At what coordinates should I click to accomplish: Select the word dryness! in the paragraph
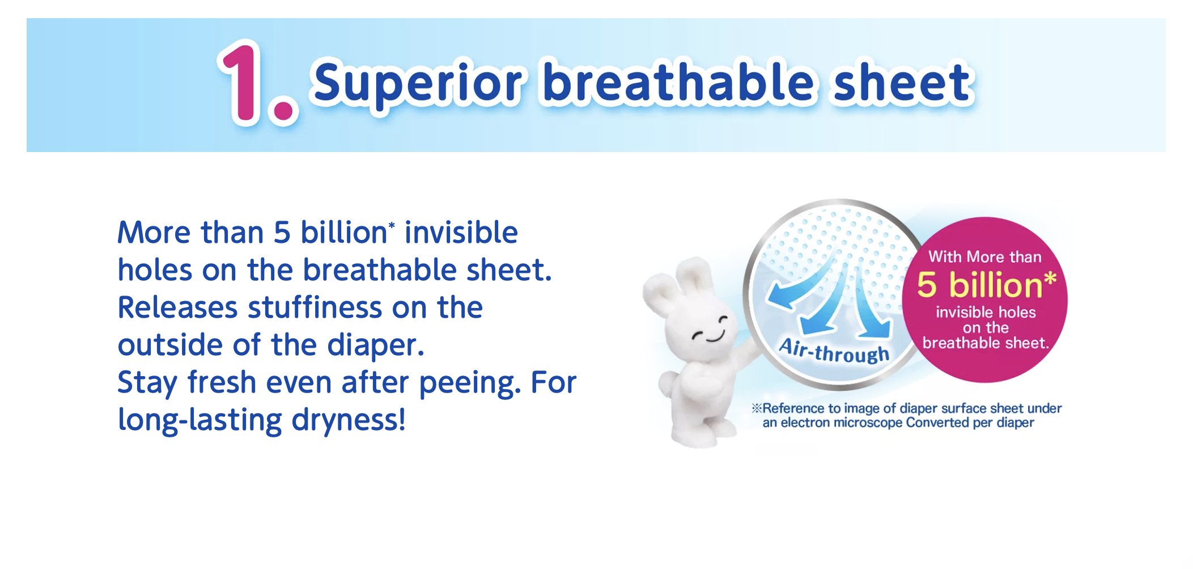coord(349,420)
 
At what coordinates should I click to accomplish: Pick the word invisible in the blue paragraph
coord(461,233)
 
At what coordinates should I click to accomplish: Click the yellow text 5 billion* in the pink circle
coord(987,285)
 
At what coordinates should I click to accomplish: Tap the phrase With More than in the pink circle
coord(985,257)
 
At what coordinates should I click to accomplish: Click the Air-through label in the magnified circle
coord(834,351)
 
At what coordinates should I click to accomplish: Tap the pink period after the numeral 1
coord(283,109)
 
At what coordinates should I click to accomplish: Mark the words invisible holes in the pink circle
coord(986,313)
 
